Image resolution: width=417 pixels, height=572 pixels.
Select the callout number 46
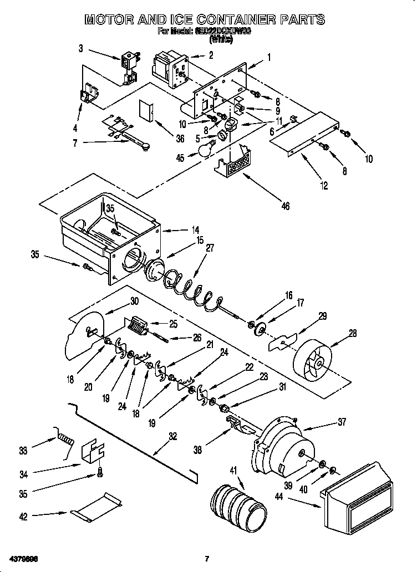click(x=286, y=206)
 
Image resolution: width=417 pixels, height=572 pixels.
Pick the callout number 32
click(x=172, y=437)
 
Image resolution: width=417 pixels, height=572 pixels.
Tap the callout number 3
click(x=80, y=49)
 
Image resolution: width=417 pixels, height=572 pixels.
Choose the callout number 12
click(x=324, y=186)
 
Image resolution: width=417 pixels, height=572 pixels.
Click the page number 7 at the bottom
click(x=207, y=558)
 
